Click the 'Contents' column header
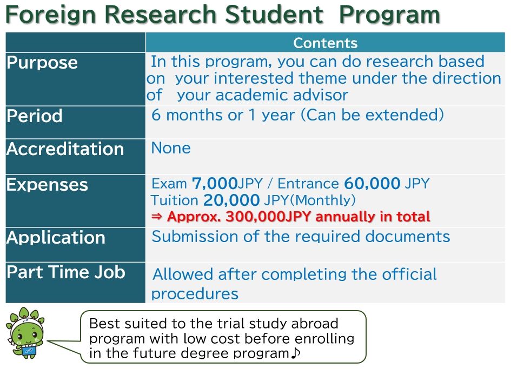click(x=325, y=43)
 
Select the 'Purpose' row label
click(x=42, y=63)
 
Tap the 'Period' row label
click(x=35, y=116)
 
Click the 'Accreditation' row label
click(x=65, y=149)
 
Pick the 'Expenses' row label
click(x=48, y=185)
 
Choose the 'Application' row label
click(x=56, y=238)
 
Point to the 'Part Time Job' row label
click(x=66, y=272)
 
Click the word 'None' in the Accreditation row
click(x=171, y=148)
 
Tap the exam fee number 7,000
click(x=215, y=183)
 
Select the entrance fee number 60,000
click(x=372, y=183)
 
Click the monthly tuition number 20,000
click(x=231, y=200)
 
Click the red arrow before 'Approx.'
click(x=157, y=217)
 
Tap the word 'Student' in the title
click(x=274, y=15)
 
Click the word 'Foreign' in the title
click(x=50, y=15)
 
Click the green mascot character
click(x=25, y=333)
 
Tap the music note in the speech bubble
click(x=295, y=353)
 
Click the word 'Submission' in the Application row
click(x=195, y=237)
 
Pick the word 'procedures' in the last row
click(x=195, y=294)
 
